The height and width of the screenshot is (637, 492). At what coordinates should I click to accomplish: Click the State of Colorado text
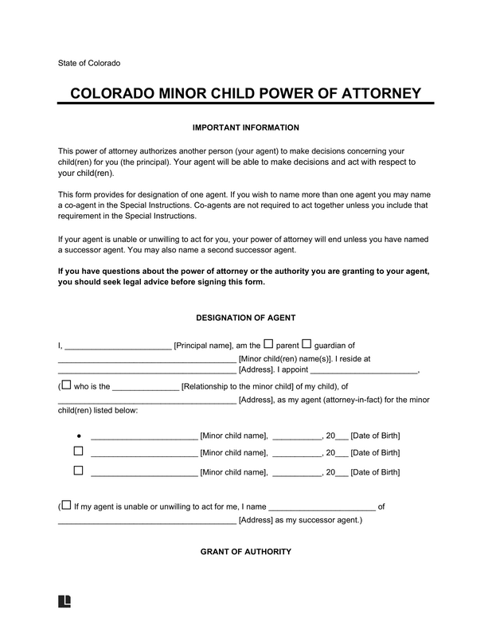click(89, 63)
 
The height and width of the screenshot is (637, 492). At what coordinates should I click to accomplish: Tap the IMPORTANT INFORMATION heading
click(246, 127)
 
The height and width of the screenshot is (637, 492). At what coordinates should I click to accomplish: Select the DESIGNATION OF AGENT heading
click(246, 318)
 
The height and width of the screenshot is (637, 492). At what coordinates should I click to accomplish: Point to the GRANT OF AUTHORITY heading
click(246, 552)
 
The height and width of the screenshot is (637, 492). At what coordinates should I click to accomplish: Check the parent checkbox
click(268, 344)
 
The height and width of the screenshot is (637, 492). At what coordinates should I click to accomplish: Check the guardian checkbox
click(308, 344)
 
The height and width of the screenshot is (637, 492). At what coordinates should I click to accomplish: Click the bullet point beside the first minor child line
click(79, 436)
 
